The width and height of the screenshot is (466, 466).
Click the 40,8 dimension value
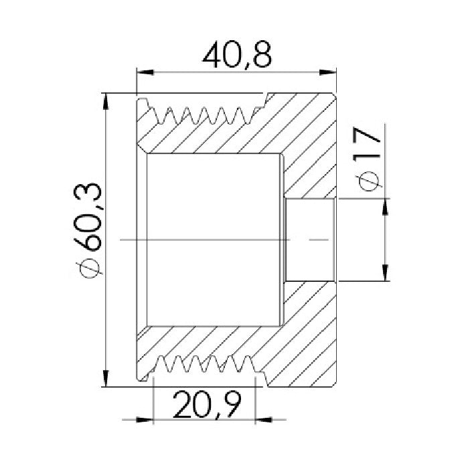tap(237, 55)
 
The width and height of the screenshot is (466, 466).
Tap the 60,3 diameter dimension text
tap(88, 216)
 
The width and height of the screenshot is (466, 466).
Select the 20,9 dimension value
tap(207, 405)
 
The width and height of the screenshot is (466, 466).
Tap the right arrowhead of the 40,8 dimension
tap(327, 72)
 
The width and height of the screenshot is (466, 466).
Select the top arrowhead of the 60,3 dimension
tap(106, 102)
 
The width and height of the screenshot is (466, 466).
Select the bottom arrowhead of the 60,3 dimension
tap(106, 378)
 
